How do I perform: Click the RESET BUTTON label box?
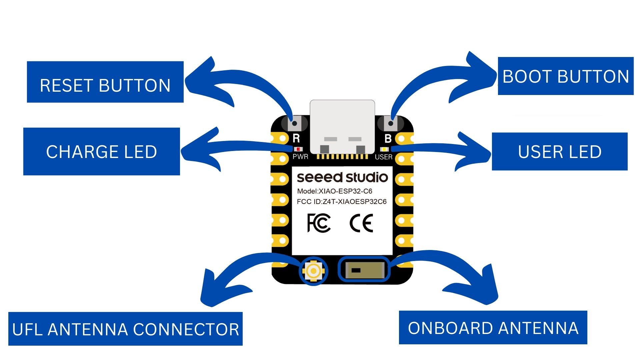[105, 82]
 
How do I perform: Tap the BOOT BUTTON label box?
[566, 76]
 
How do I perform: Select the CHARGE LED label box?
[102, 151]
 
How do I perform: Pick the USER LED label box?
[560, 151]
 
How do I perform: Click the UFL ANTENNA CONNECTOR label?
[125, 329]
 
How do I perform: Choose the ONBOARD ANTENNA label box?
[493, 327]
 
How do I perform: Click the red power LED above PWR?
[298, 149]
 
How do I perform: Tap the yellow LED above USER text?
[384, 149]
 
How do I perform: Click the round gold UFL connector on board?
[313, 271]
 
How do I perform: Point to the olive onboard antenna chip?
[364, 270]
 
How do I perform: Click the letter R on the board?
[296, 138]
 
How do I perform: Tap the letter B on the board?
[388, 138]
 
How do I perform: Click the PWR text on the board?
[300, 156]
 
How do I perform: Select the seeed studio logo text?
[342, 177]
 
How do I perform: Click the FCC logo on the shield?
[319, 223]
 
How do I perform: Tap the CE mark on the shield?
[361, 223]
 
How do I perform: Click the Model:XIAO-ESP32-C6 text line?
[335, 191]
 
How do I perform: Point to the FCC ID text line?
[342, 201]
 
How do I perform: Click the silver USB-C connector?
[342, 127]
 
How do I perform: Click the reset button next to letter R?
[294, 123]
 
